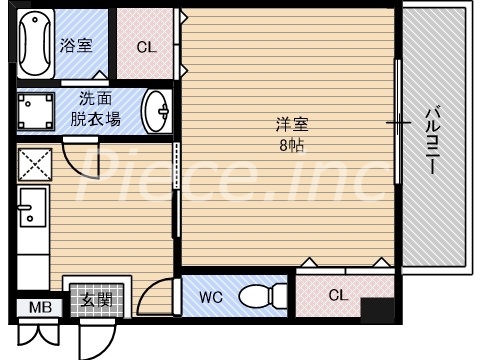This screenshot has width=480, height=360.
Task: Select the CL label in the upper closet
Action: coord(146,46)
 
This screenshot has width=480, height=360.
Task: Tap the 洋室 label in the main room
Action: coord(292,126)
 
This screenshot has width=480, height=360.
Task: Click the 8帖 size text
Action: coord(292,145)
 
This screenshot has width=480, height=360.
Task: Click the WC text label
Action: coord(211,297)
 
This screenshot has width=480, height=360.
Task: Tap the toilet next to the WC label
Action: coord(262,296)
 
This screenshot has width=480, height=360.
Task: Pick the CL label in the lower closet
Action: coord(338,295)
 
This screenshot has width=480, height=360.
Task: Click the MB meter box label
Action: coord(40,308)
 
